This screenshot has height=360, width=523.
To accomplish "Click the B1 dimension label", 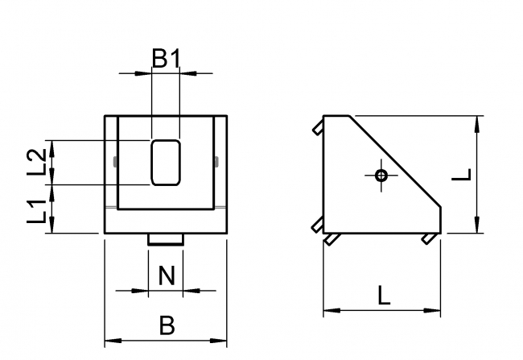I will pyautogui.click(x=167, y=58).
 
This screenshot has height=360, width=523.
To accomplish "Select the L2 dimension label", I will pyautogui.click(x=36, y=162).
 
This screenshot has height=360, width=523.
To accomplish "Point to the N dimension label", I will pyautogui.click(x=166, y=276).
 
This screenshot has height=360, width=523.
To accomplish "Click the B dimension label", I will pyautogui.click(x=167, y=326).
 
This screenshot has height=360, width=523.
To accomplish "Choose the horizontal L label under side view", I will pyautogui.click(x=383, y=296).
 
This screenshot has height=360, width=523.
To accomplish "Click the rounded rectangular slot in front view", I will pyautogui.click(x=166, y=161).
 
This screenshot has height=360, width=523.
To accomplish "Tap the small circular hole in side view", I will pyautogui.click(x=381, y=175).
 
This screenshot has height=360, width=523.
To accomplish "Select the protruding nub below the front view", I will pyautogui.click(x=166, y=239).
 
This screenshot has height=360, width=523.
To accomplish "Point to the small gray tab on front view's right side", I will pyautogui.click(x=216, y=162).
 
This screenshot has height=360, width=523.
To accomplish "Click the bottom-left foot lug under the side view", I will pyautogui.click(x=331, y=239).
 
